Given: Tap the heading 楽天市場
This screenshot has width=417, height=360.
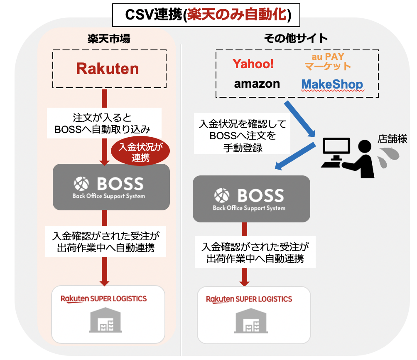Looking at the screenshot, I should click(109, 39).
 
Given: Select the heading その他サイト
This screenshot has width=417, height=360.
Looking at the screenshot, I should click(296, 39).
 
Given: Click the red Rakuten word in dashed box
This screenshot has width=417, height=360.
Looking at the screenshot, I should click(107, 69).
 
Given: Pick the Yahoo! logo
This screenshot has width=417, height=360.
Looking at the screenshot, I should click(253, 64).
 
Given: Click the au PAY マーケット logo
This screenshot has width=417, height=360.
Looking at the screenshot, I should click(328, 61).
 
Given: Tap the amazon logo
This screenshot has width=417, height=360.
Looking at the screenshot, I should click(257, 84).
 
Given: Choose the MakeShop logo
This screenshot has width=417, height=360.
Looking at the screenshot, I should click(332, 84).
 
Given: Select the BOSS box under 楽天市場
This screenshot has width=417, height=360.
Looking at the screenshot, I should click(111, 187).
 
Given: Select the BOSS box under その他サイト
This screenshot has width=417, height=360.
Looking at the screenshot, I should click(251, 198).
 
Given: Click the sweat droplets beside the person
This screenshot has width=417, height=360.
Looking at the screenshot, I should click(389, 158).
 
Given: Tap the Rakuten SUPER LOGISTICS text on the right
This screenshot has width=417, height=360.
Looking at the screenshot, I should click(249, 299).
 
